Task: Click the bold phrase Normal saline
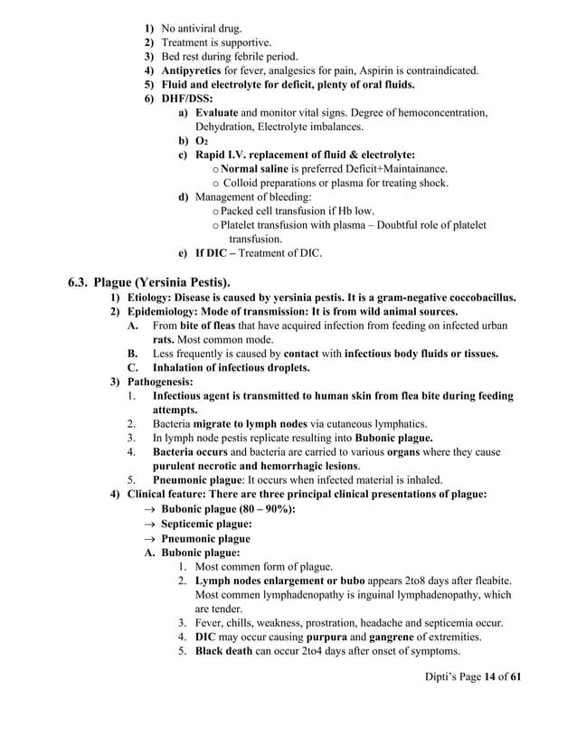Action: [258, 169]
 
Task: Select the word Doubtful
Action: [399, 225]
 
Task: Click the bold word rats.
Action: [164, 340]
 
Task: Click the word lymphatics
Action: [398, 424]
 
